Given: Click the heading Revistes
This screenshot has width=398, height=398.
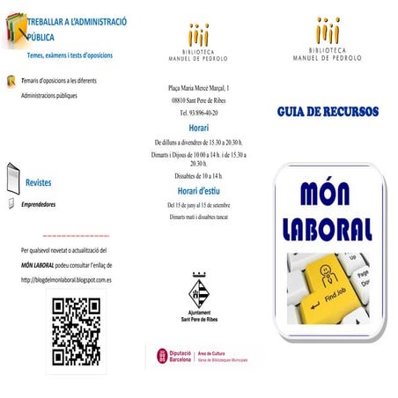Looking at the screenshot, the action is pyautogui.click(x=39, y=182).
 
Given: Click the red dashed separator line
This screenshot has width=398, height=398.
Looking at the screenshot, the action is pyautogui.click(x=76, y=237).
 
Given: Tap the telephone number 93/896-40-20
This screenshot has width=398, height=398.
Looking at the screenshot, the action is pyautogui.click(x=199, y=114).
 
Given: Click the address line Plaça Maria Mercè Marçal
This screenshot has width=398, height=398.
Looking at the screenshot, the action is pyautogui.click(x=199, y=88).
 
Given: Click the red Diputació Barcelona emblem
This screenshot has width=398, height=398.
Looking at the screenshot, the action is pyautogui.click(x=163, y=357).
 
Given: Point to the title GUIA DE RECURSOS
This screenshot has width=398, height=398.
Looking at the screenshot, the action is pyautogui.click(x=328, y=113).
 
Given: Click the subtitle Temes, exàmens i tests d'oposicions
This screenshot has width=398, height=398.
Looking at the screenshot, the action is pyautogui.click(x=70, y=55).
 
